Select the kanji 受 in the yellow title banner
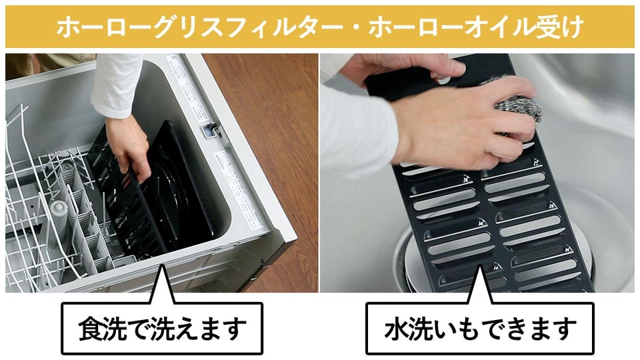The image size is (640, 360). point(548,27)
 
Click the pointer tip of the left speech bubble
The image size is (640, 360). point(162,265)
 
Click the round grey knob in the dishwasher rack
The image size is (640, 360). point(59,207)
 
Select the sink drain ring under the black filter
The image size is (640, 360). point(404,261)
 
